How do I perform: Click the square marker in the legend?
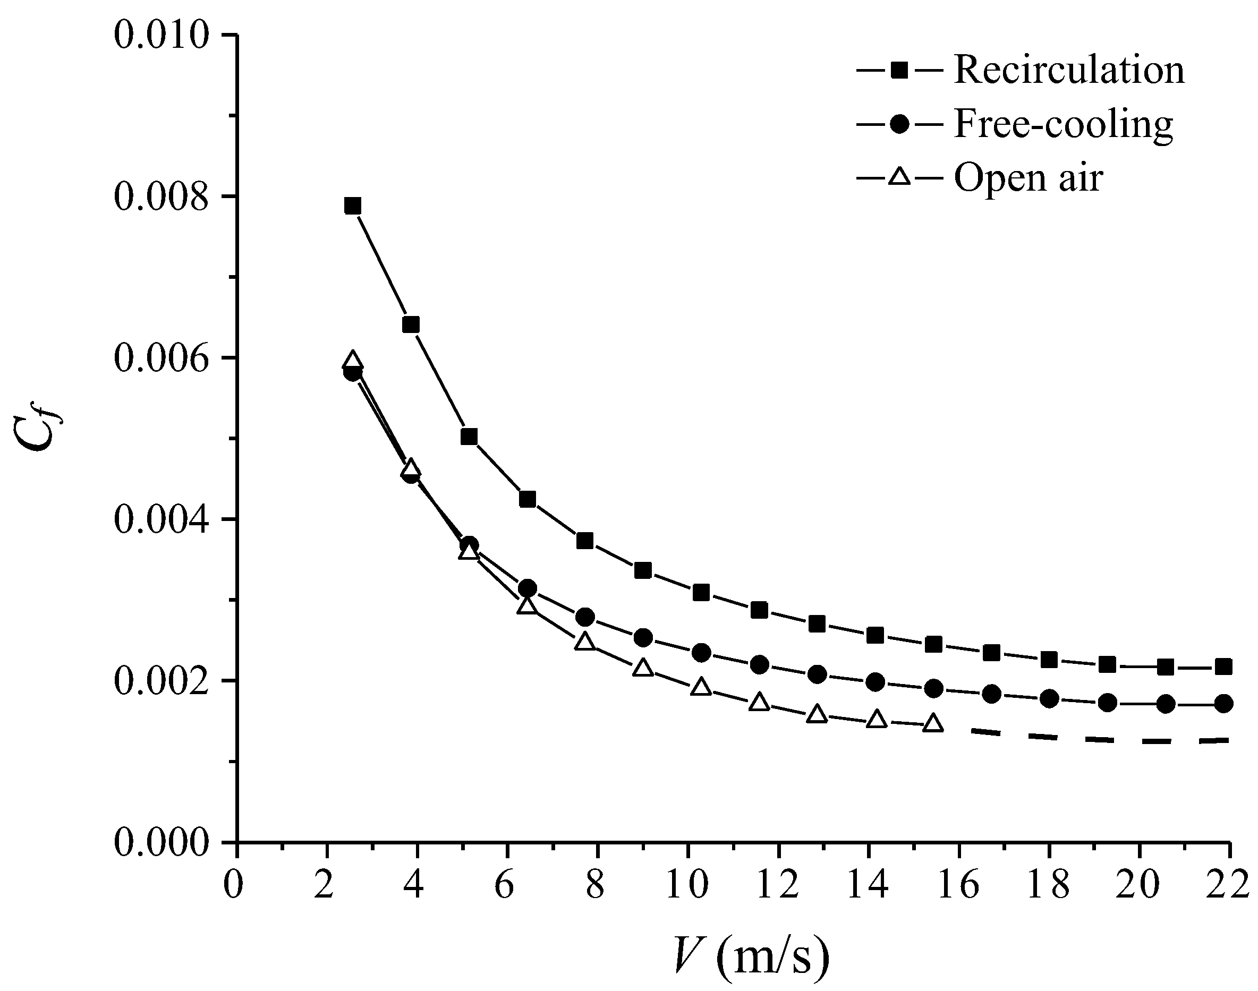[899, 71]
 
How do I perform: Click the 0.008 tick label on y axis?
[161, 197]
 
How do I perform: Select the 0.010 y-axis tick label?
[161, 36]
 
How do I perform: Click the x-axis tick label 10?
[687, 886]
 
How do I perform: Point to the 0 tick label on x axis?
[234, 886]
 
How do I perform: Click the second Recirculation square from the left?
[411, 324]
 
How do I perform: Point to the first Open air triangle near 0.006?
[352, 360]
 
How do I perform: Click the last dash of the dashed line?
[1215, 740]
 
